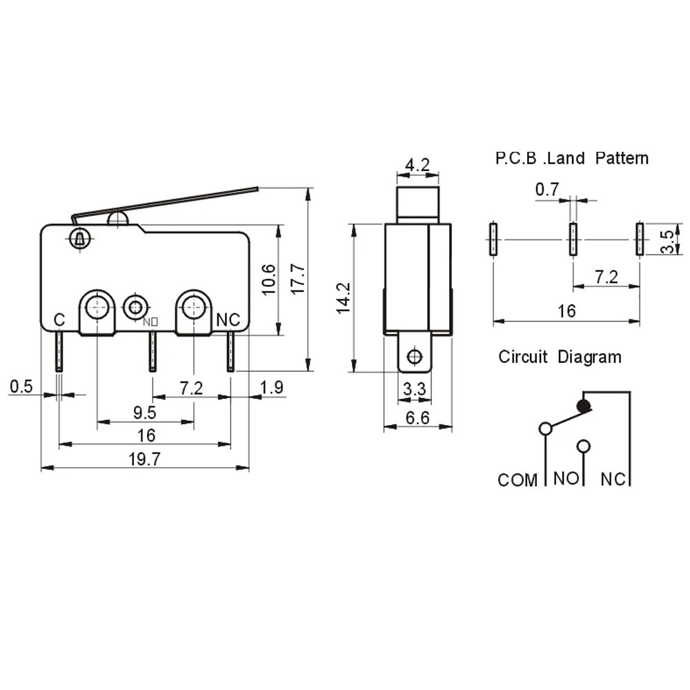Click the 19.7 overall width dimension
(144, 459)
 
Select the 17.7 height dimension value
(298, 279)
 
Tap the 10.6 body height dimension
(268, 279)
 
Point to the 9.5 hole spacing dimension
(144, 413)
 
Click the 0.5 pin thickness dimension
(21, 386)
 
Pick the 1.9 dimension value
(271, 387)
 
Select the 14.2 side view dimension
(343, 298)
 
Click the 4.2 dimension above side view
(417, 165)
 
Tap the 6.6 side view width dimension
(417, 417)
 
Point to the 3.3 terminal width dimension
(415, 389)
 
